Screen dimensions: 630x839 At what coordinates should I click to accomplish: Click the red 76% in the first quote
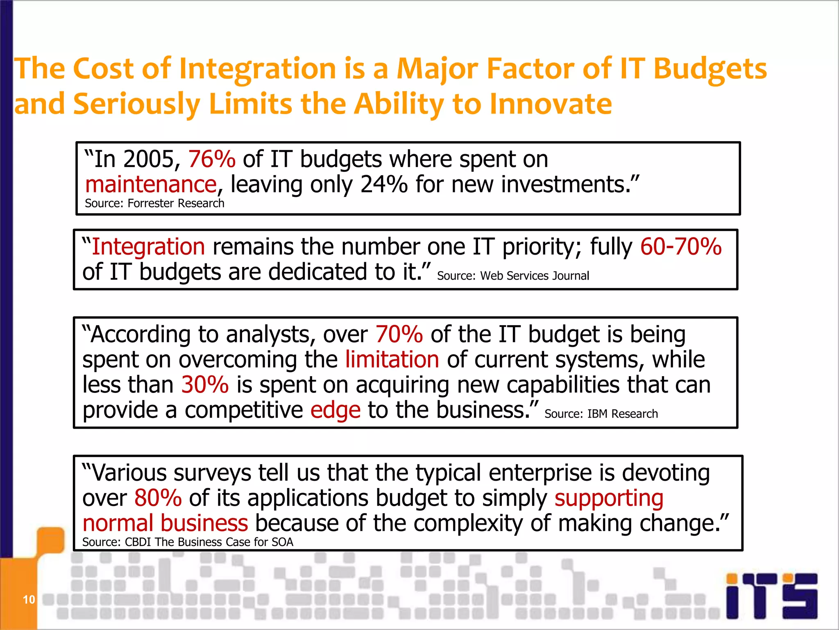click(x=212, y=160)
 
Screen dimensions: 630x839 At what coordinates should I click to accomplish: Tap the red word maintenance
click(x=151, y=185)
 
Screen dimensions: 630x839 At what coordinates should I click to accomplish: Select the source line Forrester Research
click(x=154, y=203)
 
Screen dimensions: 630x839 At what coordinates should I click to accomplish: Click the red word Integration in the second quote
click(x=148, y=247)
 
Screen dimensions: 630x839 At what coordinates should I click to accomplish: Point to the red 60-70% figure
click(x=680, y=247)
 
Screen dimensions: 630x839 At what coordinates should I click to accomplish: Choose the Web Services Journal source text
click(x=513, y=276)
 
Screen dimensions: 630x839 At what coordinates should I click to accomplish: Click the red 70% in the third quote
click(x=399, y=334)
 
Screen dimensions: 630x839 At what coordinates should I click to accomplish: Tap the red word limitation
click(x=392, y=360)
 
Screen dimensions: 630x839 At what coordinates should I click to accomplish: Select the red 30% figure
click(x=205, y=385)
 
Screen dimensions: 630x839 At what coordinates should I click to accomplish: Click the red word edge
click(x=336, y=411)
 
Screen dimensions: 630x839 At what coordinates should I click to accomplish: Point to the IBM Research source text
click(x=601, y=414)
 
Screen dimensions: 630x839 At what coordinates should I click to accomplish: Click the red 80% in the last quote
click(x=158, y=498)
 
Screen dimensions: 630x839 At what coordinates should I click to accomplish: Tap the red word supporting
click(x=609, y=499)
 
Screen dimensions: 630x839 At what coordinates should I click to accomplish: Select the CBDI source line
click(x=188, y=542)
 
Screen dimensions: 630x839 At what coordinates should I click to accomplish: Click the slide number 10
click(x=29, y=600)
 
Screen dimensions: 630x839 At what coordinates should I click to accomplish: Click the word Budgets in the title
click(x=710, y=68)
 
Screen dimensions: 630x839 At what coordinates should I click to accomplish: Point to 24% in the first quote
click(x=384, y=185)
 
